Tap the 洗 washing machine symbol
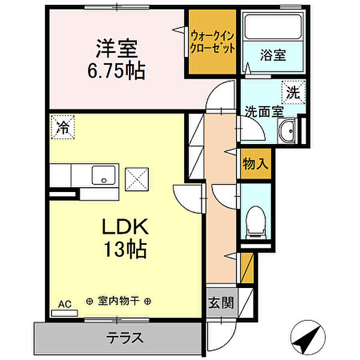coord(292,92)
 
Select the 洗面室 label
coord(263,111)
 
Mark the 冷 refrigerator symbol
coord(62,127)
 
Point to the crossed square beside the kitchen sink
coord(137,178)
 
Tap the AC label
coord(65,305)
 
